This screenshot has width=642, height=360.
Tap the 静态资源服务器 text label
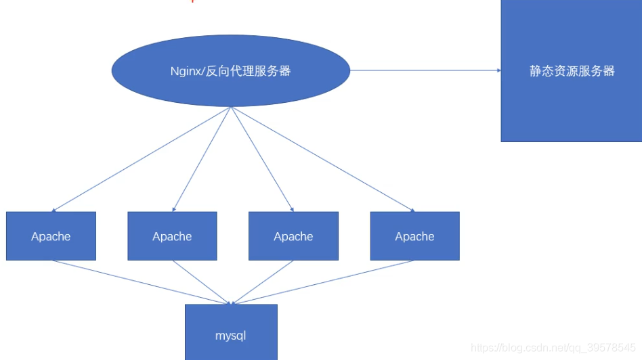(572, 71)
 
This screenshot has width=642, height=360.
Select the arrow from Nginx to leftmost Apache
(142, 159)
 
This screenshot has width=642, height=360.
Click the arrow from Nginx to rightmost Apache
(322, 159)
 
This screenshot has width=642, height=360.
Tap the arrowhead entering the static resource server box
(498, 70)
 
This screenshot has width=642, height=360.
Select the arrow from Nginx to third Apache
(262, 159)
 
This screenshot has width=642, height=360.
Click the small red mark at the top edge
(192, 1)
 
